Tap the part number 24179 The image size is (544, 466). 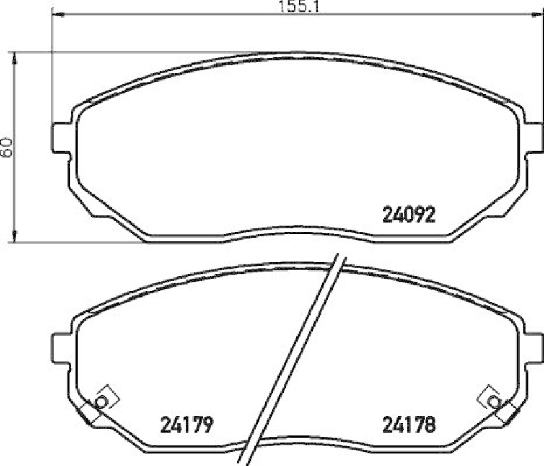188,425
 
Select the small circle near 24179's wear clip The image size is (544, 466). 101,401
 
